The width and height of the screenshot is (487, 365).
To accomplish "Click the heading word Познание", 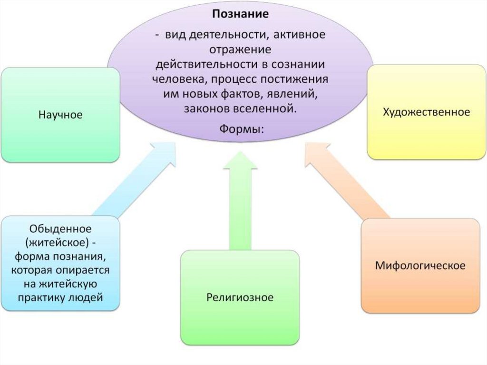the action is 240,14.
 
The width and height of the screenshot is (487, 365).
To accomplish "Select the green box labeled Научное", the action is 60,115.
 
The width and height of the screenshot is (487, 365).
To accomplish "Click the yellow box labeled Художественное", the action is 427,112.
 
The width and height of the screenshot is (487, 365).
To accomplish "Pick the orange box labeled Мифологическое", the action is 420,265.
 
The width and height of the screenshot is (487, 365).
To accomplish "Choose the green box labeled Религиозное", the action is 240,298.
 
